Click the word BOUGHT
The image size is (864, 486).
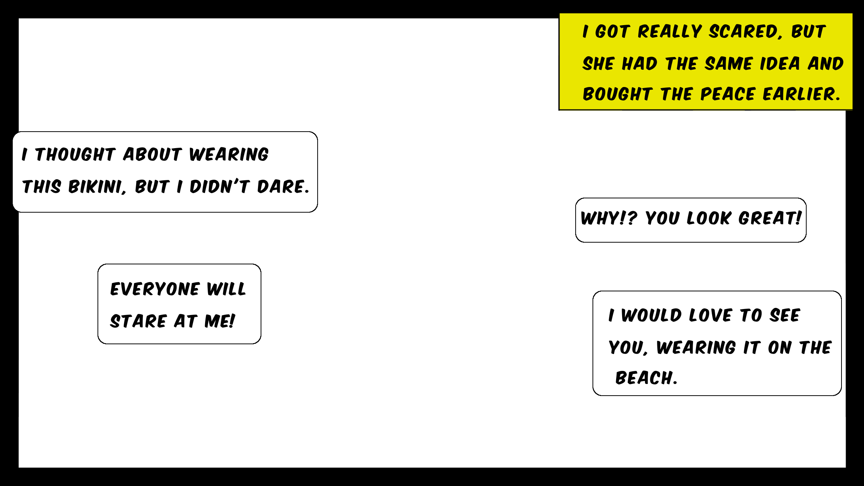pyautogui.click(x=617, y=94)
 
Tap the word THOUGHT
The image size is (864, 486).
pyautogui.click(x=75, y=154)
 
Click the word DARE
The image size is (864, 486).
pyautogui.click(x=283, y=187)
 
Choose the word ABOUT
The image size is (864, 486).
pyautogui.click(x=152, y=154)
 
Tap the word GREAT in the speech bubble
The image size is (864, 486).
pyautogui.click(x=770, y=218)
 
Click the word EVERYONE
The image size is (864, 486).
pyautogui.click(x=154, y=289)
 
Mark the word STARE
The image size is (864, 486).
pyautogui.click(x=138, y=321)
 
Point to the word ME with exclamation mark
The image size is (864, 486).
pyautogui.click(x=220, y=321)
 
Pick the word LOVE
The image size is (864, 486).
pyautogui.click(x=710, y=315)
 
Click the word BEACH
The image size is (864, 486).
pyautogui.click(x=646, y=378)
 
